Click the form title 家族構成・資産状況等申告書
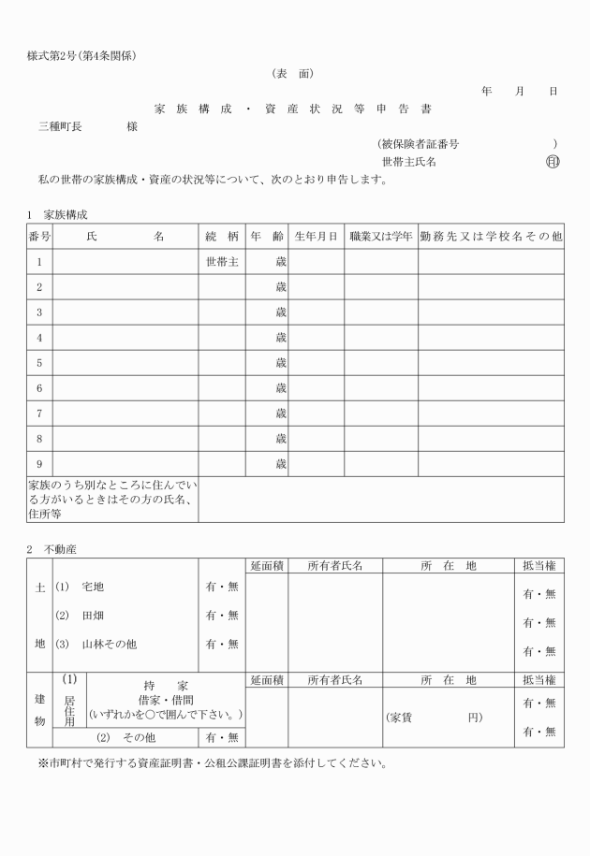coord(293,109)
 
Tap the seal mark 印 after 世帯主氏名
coord(552,161)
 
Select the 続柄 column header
coord(221,237)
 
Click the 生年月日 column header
coord(316,237)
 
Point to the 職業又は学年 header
coord(380,237)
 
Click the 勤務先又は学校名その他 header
coord(491,237)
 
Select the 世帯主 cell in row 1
coord(221,262)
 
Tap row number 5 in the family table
coord(39,363)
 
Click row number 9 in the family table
coord(39,464)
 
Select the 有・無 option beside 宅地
coord(221,587)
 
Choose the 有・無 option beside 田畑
coord(221,616)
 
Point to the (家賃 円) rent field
coord(433,717)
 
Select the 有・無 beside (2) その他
coord(221,737)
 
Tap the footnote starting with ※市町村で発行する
coord(212,762)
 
